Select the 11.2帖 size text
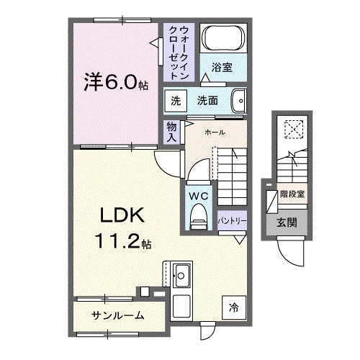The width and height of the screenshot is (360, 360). pyautogui.click(x=121, y=242)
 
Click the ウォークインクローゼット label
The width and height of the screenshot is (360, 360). pyautogui.click(x=179, y=52)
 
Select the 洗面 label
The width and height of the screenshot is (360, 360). pyautogui.click(x=208, y=100)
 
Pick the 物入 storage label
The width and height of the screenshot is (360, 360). pyautogui.click(x=171, y=130)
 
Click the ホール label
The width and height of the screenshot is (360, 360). pyautogui.click(x=215, y=132)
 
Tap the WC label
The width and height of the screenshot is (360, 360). pyautogui.click(x=199, y=195)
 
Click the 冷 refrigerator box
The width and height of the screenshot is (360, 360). pyautogui.click(x=233, y=305)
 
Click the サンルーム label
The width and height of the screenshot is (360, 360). pyautogui.click(x=118, y=315)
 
